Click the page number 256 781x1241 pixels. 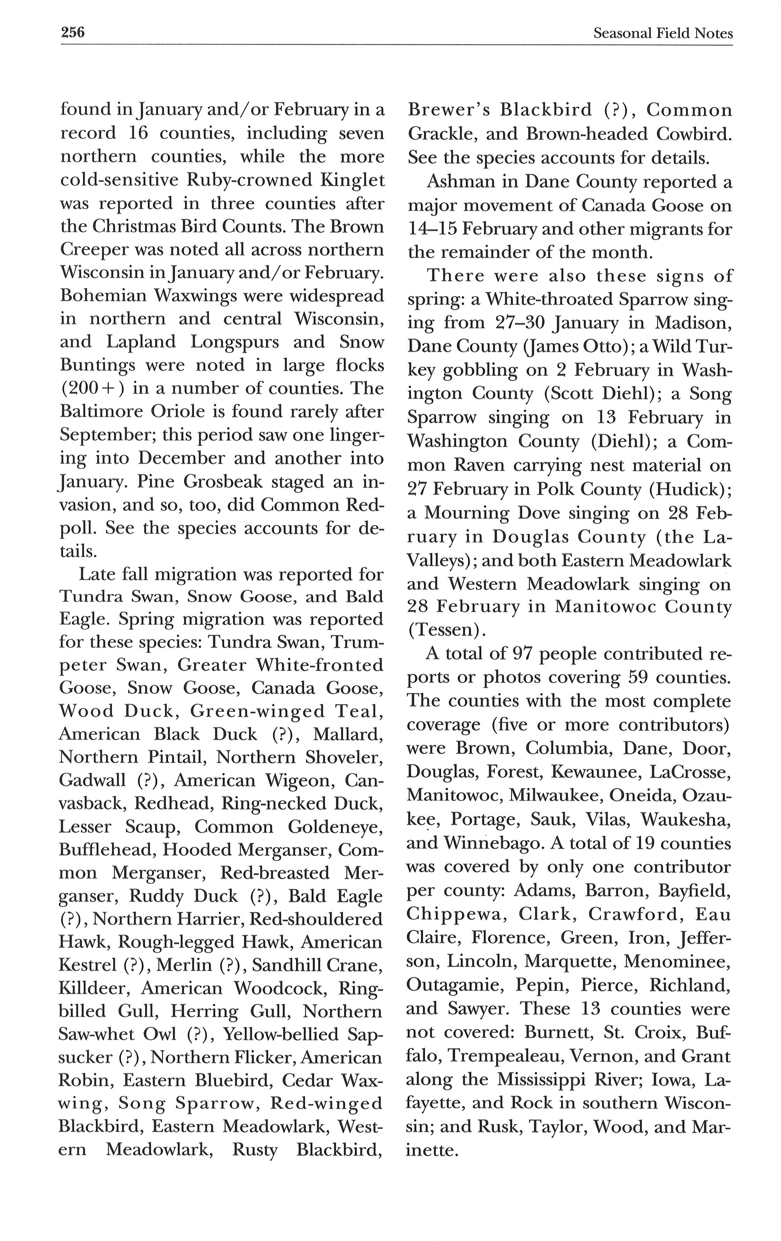(x=73, y=33)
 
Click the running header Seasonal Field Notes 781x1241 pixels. (x=662, y=33)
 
